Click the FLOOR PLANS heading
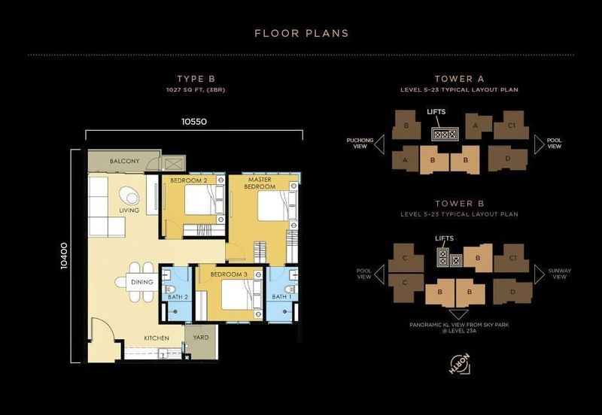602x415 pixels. pos(301,33)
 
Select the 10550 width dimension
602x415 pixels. pos(194,120)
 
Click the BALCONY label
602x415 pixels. pos(124,162)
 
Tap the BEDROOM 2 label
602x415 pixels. pos(188,181)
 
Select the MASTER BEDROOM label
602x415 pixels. pos(258,183)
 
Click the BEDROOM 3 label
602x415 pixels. pos(229,274)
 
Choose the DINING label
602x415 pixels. pos(142,283)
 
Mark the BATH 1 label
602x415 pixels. pos(280,297)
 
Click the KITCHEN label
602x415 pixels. pos(157,338)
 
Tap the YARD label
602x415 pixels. pos(200,338)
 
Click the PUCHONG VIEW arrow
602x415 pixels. pos(379,144)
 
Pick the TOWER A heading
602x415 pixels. pos(458,79)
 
